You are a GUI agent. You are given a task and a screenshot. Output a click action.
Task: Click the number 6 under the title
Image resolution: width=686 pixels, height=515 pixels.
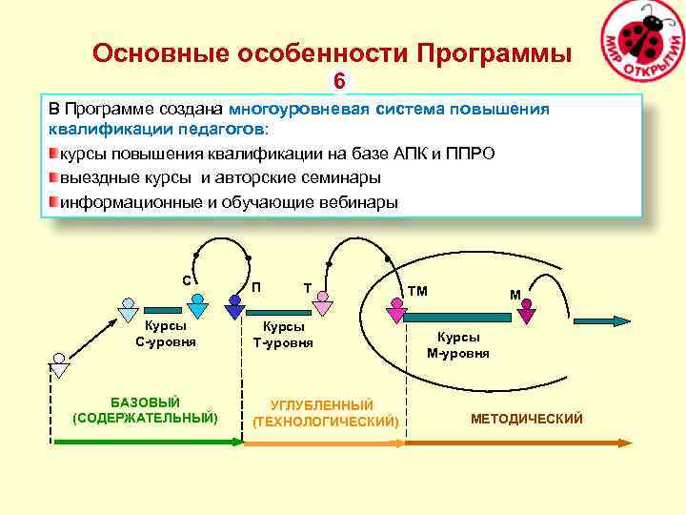click(x=338, y=81)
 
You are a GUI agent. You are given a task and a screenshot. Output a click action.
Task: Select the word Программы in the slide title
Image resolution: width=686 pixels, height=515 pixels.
click(x=489, y=53)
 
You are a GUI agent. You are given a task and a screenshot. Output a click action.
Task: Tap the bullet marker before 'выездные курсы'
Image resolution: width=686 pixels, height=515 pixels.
click(x=53, y=177)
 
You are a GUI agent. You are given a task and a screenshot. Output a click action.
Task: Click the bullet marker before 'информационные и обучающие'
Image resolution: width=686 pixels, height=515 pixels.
click(x=53, y=201)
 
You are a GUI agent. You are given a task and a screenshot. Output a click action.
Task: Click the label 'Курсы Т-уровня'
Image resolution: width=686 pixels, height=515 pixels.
click(x=283, y=334)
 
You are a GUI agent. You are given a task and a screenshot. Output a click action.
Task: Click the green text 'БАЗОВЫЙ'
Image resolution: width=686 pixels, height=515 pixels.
click(x=145, y=402)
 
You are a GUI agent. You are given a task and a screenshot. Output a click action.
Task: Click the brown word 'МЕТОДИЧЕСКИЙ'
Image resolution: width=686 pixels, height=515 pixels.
click(x=526, y=420)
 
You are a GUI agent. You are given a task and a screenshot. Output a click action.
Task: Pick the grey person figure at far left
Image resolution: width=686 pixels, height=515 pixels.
click(x=59, y=365)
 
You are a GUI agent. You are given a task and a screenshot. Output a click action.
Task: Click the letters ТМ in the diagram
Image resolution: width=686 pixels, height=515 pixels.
click(x=417, y=291)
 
